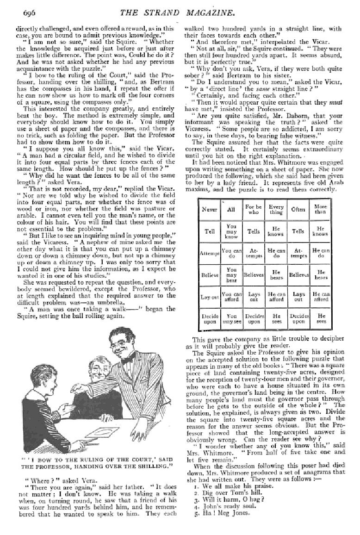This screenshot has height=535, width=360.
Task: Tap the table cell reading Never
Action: click(210, 209)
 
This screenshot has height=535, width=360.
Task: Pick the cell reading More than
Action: click(320, 209)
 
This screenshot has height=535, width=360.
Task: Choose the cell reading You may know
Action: click(231, 231)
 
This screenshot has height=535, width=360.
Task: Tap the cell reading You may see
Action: click(231, 318)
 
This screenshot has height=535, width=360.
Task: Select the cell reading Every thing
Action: click(276, 209)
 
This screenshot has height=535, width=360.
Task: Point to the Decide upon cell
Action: click(210, 318)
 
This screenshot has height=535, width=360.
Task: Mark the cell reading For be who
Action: click(254, 209)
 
